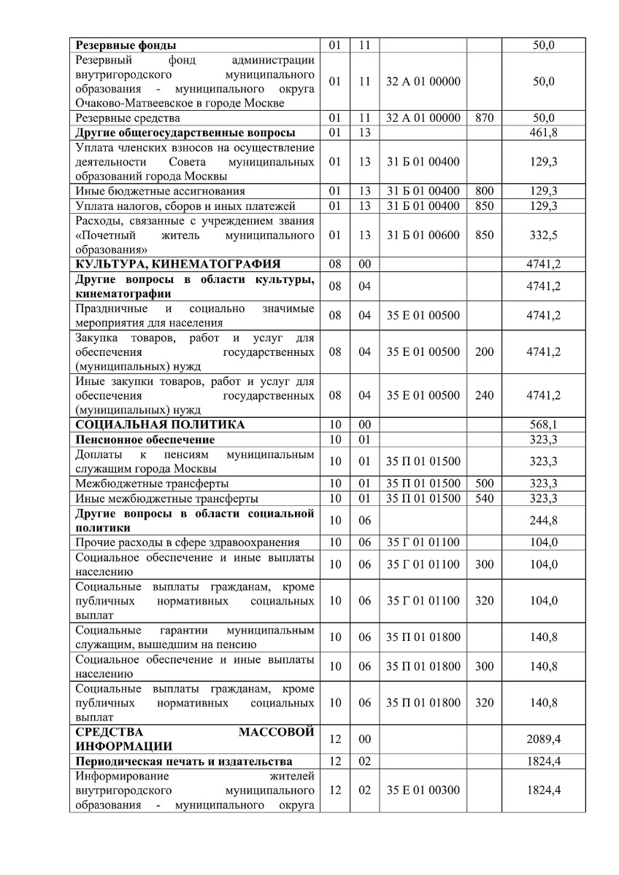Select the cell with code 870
click(x=484, y=118)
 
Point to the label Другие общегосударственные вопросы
click(x=185, y=133)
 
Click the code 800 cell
click(x=484, y=191)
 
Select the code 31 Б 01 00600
click(x=423, y=235)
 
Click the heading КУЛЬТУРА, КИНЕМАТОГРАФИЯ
click(x=178, y=264)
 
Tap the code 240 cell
click(x=484, y=395)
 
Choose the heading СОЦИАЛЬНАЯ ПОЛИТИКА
click(x=160, y=424)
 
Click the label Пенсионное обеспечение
click(x=145, y=440)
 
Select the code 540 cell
click(x=484, y=498)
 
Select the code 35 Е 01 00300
click(x=423, y=790)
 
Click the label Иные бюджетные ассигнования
click(x=160, y=191)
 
